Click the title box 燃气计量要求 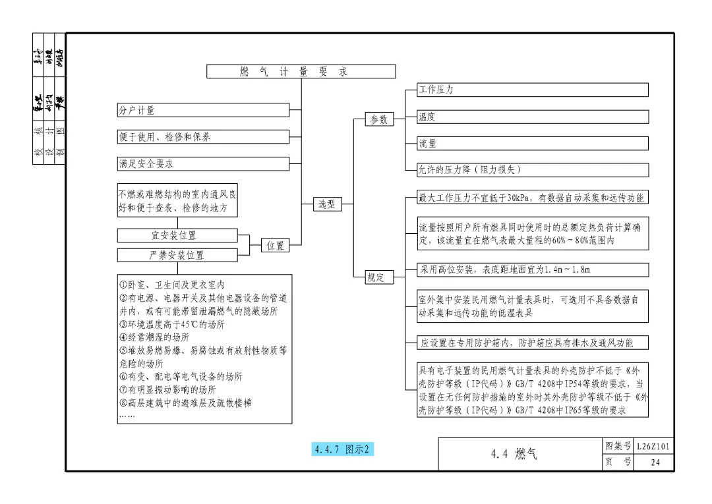point(301,72)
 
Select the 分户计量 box point(203,111)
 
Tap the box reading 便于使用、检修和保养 point(203,137)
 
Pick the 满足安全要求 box point(203,164)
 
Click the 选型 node point(327,204)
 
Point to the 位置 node point(276,246)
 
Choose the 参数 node point(379,119)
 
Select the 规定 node point(379,277)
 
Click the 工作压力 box point(533,90)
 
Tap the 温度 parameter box point(533,117)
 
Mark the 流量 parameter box point(533,144)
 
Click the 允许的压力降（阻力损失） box point(533,170)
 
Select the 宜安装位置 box point(177,235)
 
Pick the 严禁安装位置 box point(177,255)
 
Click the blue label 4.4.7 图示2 point(343,449)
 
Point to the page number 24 point(655,462)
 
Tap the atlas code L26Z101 point(655,447)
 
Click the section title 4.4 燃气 point(514,454)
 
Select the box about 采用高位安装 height point(533,269)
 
